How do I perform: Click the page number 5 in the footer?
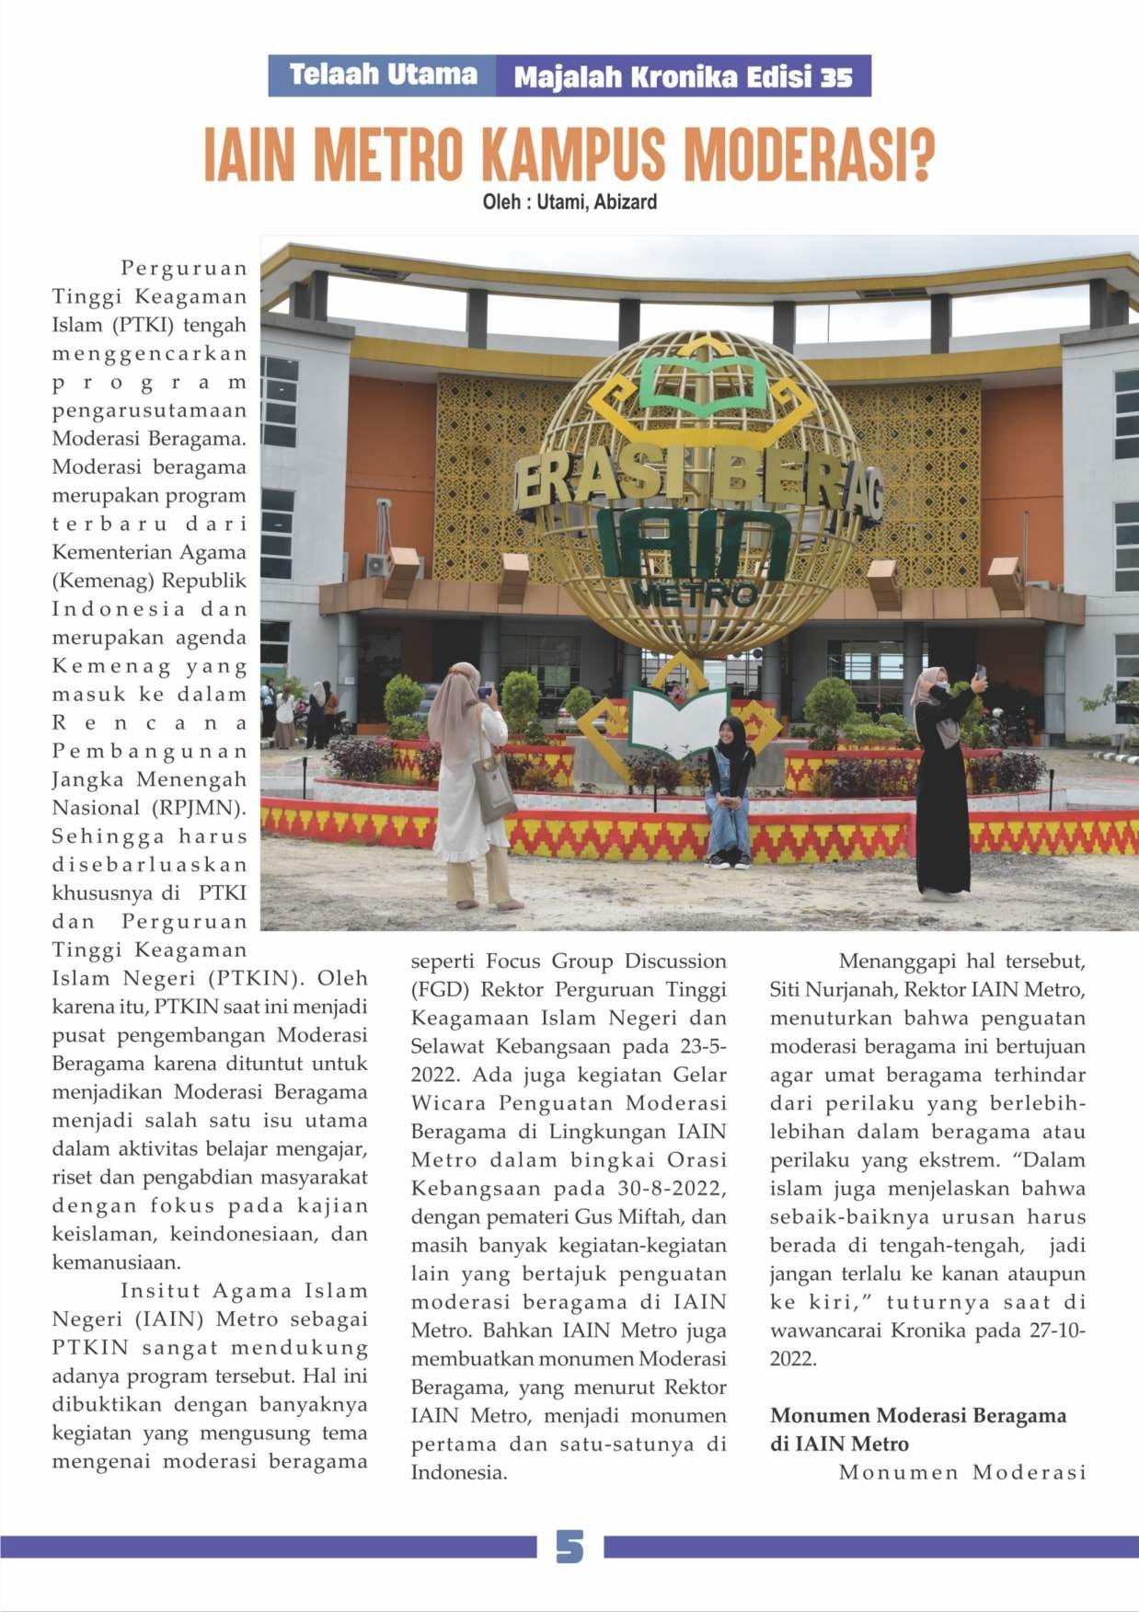coord(569,1547)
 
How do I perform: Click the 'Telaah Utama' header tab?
coord(383,75)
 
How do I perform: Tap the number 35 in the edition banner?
coord(836,78)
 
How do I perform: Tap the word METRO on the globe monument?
coord(695,595)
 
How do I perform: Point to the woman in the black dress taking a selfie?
coord(941,791)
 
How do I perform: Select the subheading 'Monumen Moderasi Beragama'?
coord(918,1415)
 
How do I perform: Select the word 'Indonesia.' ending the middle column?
coord(458,1472)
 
